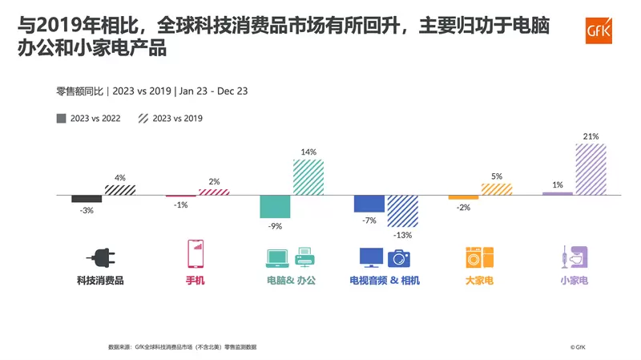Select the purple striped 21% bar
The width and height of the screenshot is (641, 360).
[x=591, y=169]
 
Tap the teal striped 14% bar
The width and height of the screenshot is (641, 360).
[x=308, y=176]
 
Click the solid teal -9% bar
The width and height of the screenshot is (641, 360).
[x=275, y=206]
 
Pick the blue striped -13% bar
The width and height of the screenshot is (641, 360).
[x=402, y=211]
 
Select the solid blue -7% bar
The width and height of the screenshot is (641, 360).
[x=369, y=203]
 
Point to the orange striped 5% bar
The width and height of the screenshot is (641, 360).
[x=497, y=188]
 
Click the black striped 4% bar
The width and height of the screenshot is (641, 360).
[x=119, y=189]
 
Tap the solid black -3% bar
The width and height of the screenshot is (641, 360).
[x=87, y=198]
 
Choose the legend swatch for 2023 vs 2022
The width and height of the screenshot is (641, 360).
[x=62, y=119]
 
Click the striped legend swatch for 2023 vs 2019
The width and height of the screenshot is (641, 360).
[x=143, y=119]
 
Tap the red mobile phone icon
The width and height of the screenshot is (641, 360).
[x=194, y=254]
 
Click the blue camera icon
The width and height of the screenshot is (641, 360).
[x=399, y=257]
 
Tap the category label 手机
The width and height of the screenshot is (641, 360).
[x=195, y=281]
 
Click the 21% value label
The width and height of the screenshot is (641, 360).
[x=591, y=137]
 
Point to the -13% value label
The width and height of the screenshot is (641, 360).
[x=402, y=236]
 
